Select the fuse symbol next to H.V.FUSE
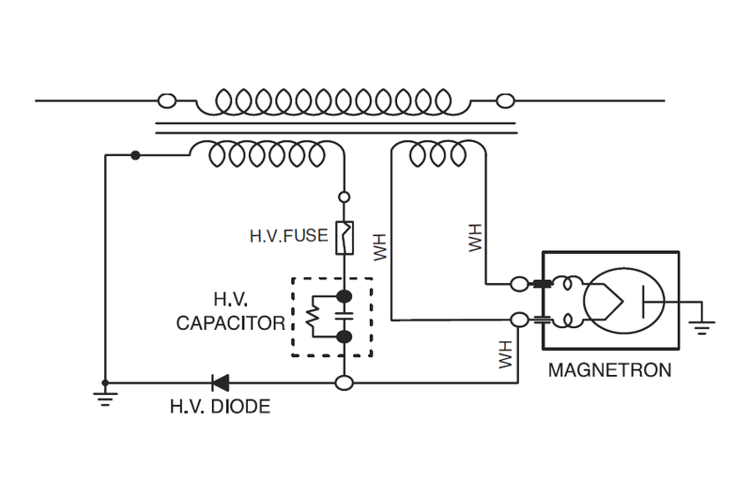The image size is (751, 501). click(x=345, y=237)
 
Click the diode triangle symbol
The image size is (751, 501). click(x=221, y=383)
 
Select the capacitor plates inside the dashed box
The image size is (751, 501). click(x=345, y=317)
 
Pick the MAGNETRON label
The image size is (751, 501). click(x=609, y=369)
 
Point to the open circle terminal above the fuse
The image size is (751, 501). click(x=345, y=196)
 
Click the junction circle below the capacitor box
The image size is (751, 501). click(x=345, y=383)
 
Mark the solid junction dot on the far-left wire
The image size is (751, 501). click(x=136, y=155)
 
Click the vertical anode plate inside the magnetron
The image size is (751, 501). click(x=644, y=302)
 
